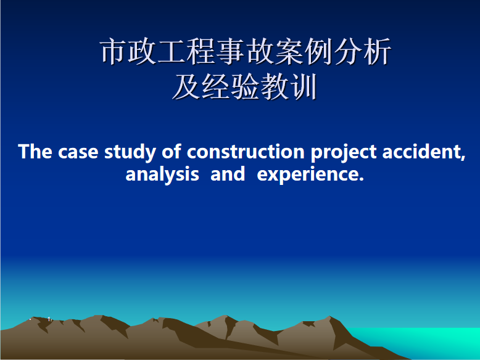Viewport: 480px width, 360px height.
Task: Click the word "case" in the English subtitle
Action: (x=78, y=152)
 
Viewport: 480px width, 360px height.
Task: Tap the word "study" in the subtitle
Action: (x=130, y=152)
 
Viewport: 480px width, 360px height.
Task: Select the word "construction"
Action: (x=246, y=152)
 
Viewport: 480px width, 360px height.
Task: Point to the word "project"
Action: (x=344, y=153)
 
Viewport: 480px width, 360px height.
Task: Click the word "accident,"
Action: (x=424, y=152)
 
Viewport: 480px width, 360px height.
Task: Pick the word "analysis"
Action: (x=162, y=174)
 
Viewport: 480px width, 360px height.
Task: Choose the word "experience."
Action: (x=310, y=175)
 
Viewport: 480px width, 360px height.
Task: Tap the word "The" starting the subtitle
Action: (x=35, y=152)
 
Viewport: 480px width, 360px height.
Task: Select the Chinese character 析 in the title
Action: (x=377, y=51)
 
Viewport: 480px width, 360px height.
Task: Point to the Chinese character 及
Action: (x=186, y=86)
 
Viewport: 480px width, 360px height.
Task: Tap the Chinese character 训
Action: (x=304, y=86)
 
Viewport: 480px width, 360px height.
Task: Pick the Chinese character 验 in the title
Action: (x=245, y=86)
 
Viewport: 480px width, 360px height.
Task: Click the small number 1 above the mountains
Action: (x=49, y=319)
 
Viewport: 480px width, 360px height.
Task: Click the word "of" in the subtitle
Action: (x=172, y=152)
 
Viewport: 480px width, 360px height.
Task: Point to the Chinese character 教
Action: (x=275, y=86)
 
